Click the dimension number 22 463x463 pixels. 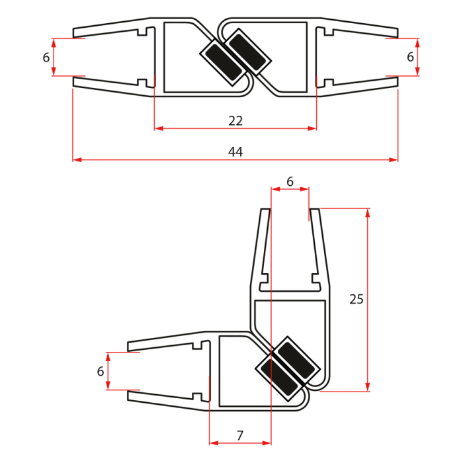tap(235, 121)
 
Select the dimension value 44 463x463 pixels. tap(235, 152)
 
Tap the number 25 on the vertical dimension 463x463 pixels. tap(357, 299)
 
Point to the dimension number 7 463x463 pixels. tap(240, 435)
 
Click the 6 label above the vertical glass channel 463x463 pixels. tap(290, 181)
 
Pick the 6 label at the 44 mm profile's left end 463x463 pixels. tap(46, 58)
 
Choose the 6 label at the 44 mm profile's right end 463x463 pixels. tap(410, 58)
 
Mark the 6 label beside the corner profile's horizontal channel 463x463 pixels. tap(101, 372)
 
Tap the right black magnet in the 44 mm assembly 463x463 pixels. tap(249, 52)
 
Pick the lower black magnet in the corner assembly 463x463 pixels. tap(276, 378)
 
